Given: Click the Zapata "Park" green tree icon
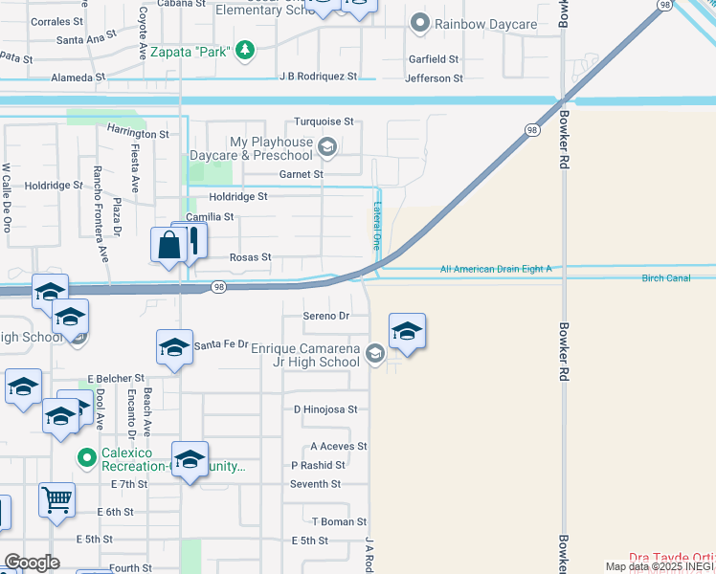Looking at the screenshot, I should point(246,51).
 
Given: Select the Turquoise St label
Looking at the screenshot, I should point(324,122).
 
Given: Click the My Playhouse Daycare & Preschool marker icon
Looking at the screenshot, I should point(327,146).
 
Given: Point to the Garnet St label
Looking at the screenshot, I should point(301,175).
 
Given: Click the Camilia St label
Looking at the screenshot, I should point(210,217).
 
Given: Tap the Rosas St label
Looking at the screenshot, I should point(251,257).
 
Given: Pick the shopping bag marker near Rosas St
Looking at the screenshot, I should point(168,245).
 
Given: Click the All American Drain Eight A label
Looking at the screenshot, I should point(496,270).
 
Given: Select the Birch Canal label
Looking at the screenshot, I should point(665,278).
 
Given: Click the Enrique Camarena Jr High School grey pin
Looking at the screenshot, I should point(374,355).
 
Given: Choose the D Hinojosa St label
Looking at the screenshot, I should point(325,409).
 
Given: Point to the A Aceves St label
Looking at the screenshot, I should point(339,447).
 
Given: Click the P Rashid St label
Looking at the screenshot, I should point(318,466).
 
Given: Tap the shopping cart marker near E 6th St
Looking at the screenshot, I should point(56,498).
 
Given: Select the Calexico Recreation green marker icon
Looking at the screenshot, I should point(87,458).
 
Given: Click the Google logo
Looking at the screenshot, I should point(32,562).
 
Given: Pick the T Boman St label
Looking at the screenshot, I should point(339,521).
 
